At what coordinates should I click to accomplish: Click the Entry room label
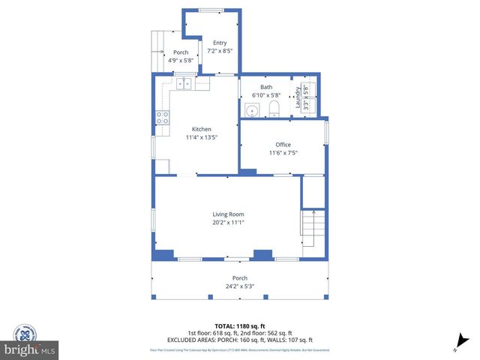219,43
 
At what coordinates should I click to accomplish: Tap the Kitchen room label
201,129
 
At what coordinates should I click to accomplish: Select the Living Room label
227,214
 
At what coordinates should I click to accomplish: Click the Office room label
283,145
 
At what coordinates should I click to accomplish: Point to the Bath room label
265,87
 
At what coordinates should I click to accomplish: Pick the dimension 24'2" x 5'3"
239,286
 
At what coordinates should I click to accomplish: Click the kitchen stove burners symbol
162,116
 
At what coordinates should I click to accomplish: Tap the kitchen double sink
183,83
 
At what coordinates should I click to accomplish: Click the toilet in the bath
273,111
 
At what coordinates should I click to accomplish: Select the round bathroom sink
253,112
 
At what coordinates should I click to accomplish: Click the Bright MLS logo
29,349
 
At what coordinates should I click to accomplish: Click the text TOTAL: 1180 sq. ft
239,326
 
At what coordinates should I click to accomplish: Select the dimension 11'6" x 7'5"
283,153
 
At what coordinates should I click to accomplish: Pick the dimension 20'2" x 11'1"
227,223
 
